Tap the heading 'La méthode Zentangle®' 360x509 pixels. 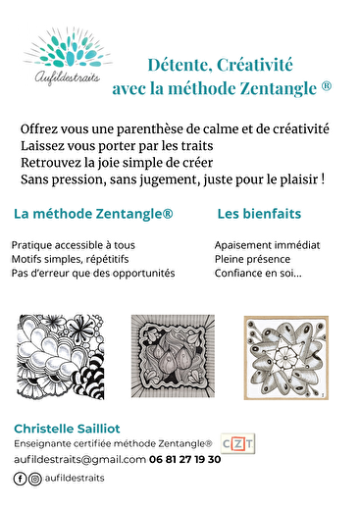[x=93, y=213]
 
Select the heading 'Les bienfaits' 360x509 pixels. [x=258, y=213]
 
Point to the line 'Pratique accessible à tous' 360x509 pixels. [x=73, y=245]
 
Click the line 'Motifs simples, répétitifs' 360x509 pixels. [x=71, y=259]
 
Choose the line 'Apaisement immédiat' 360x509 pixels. [x=267, y=245]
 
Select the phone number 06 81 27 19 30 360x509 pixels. [x=185, y=459]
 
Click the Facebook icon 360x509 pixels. [x=20, y=479]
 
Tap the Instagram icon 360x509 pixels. [x=35, y=479]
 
